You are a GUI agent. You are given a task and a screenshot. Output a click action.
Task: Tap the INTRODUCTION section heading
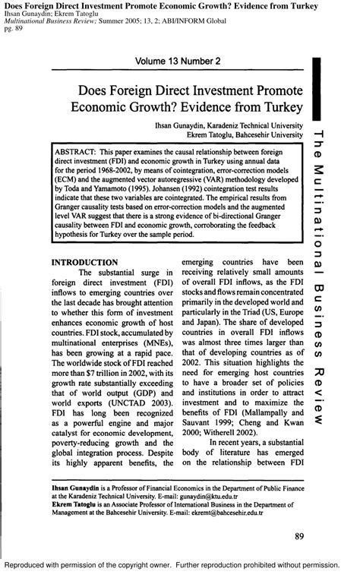click(x=84, y=262)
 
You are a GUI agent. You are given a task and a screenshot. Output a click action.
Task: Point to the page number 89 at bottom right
click(x=299, y=537)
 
